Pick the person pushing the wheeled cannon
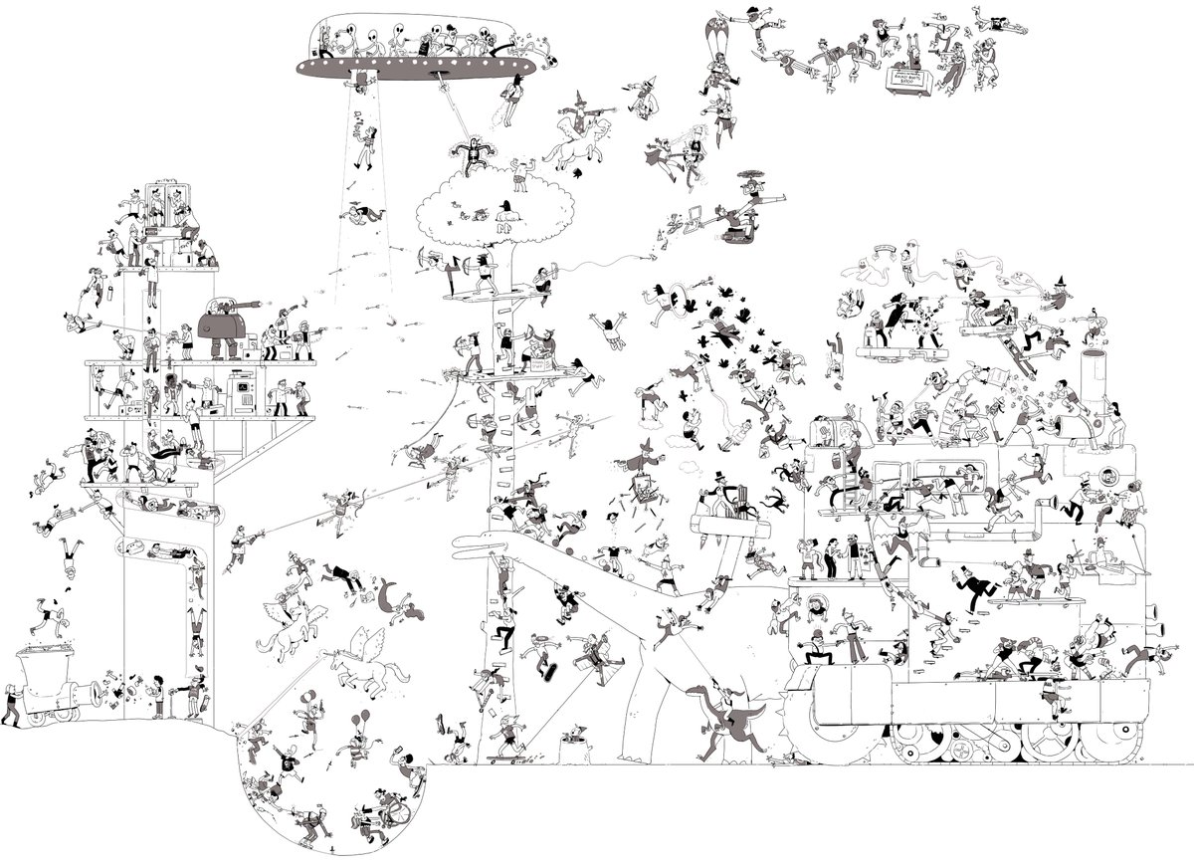click(9, 705)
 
